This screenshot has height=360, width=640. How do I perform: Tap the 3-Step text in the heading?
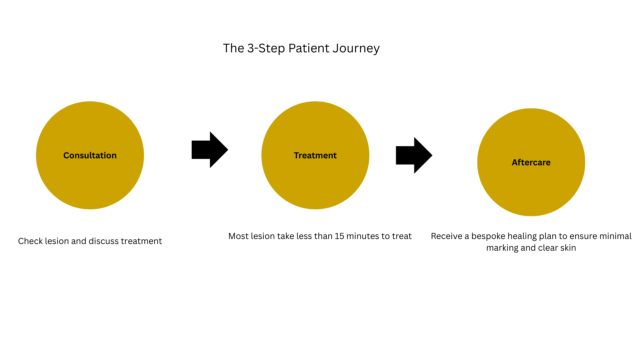(266, 49)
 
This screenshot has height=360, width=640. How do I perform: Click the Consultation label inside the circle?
(90, 155)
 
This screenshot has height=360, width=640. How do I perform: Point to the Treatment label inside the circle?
(315, 155)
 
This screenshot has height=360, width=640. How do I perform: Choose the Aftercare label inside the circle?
(531, 162)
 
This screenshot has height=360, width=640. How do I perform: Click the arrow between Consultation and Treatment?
(210, 150)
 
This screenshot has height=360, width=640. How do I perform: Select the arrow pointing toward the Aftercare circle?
(414, 155)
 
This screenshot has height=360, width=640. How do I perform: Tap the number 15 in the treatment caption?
(339, 236)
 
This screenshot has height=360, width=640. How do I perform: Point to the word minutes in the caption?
(362, 236)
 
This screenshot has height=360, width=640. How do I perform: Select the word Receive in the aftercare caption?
(446, 236)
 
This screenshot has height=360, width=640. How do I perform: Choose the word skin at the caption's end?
(568, 248)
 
